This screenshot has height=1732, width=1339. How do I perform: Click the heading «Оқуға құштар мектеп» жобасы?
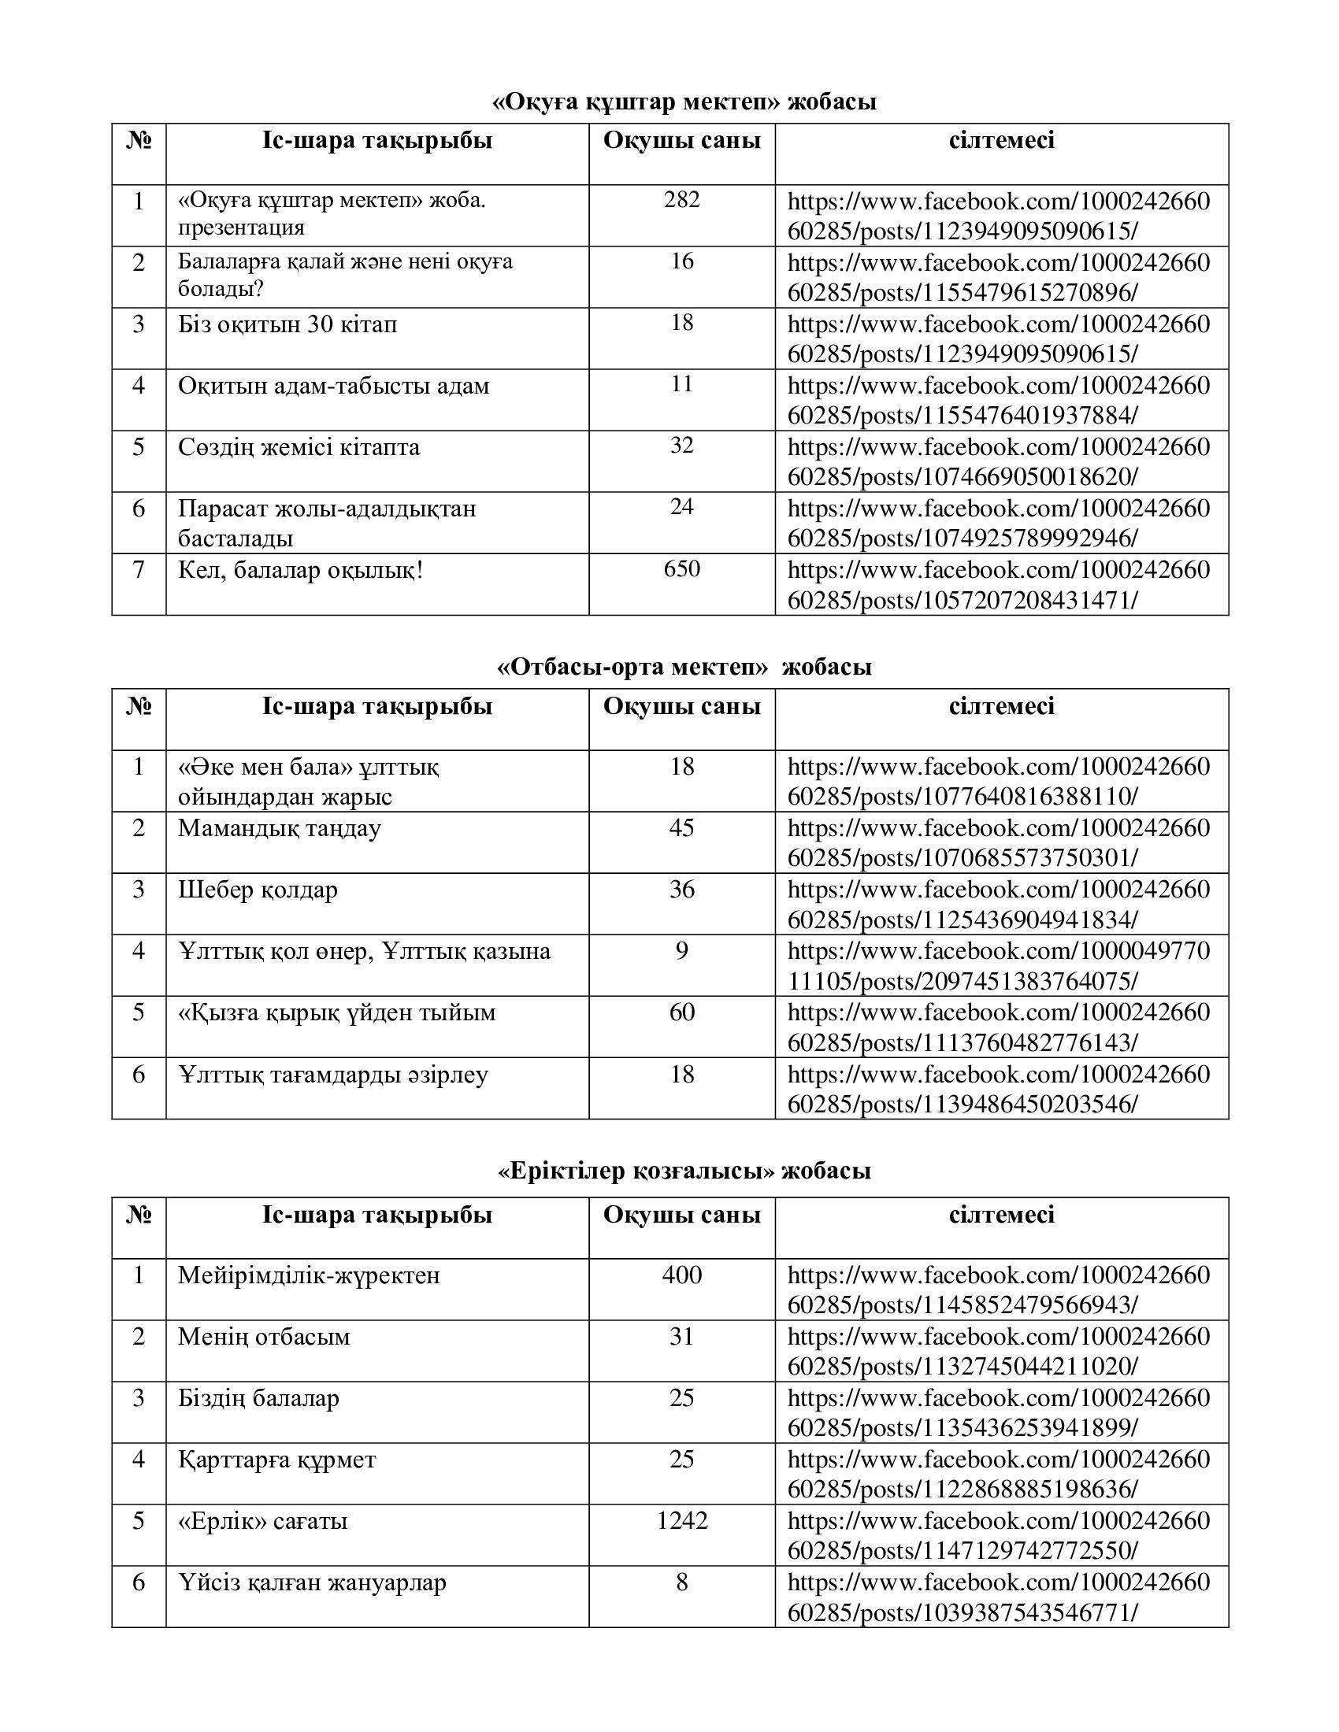pos(684,102)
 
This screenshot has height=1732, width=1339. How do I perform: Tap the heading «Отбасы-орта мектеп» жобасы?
pos(684,666)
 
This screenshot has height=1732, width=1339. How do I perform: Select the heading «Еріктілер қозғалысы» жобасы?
pos(684,1171)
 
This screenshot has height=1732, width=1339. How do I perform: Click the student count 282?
pos(681,199)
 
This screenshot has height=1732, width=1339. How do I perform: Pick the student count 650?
pos(681,568)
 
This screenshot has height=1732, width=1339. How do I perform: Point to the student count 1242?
pos(681,1520)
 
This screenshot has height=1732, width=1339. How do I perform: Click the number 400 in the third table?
pos(681,1275)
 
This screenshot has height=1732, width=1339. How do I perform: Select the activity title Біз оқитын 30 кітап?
pos(287,324)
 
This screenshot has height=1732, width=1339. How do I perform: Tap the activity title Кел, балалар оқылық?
pos(300,569)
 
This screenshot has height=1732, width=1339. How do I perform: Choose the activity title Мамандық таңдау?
pos(280,828)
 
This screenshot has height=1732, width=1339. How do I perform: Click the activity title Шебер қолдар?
pos(258,889)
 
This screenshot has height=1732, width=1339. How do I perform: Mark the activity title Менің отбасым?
pos(264,1336)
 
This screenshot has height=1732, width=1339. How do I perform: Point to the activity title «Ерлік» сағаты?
pos(262,1520)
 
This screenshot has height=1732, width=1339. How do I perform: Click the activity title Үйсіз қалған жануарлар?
pos(312,1582)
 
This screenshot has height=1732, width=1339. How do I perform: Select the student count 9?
pos(681,950)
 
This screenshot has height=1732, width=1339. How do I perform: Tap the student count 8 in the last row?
pos(681,1582)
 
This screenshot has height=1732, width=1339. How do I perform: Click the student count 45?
pos(681,827)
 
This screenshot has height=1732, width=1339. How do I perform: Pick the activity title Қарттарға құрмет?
pos(276,1459)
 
